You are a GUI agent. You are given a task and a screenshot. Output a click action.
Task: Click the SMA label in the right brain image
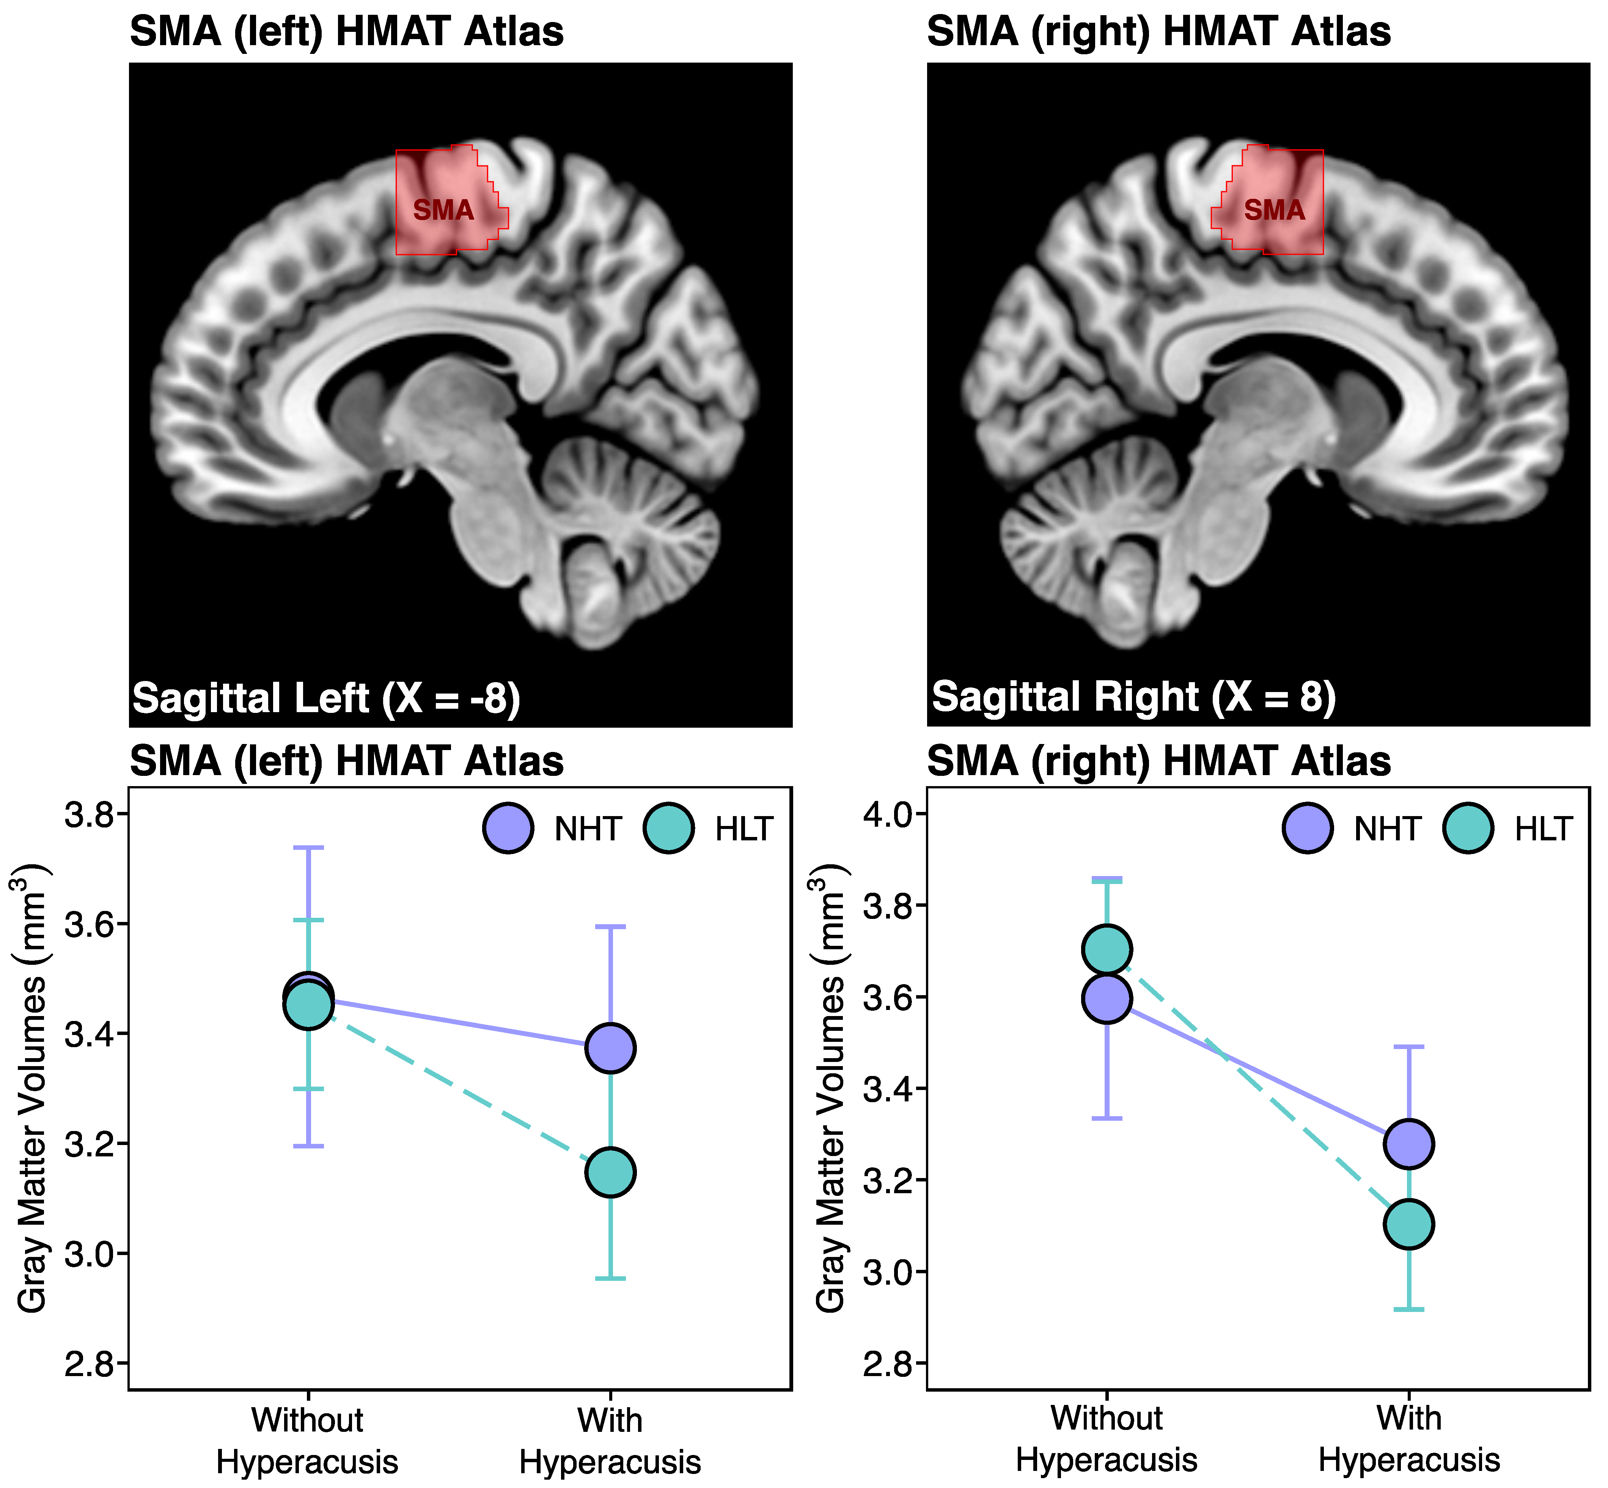tap(1274, 211)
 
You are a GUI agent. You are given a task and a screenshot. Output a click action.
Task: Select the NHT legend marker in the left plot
tap(508, 828)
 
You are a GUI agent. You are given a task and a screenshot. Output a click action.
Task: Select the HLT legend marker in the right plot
tap(1468, 828)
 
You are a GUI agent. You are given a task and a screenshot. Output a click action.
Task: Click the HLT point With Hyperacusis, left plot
tap(610, 1172)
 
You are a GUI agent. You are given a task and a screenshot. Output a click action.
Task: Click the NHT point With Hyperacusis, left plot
tap(610, 1048)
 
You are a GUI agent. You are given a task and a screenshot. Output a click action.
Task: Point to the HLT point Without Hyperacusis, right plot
tap(1107, 950)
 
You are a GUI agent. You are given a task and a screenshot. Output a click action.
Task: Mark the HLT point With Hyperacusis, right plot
tap(1408, 1225)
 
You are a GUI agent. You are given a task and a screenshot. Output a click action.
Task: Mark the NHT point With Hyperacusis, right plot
tap(1408, 1144)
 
